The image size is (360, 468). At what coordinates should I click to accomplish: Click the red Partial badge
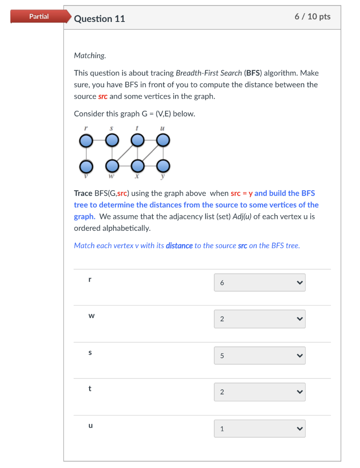[39, 16]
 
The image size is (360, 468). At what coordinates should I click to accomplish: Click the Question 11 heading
[99, 19]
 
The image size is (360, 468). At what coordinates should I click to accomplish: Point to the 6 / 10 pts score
[312, 17]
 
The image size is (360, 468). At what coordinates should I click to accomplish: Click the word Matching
[90, 55]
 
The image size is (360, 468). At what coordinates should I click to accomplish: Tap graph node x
[137, 165]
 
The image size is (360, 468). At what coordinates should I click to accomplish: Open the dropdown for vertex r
[259, 282]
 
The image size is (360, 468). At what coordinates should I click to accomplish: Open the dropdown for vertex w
[259, 319]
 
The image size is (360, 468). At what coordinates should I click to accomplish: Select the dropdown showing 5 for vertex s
[259, 356]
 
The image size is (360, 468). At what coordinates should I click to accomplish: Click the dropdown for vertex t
[259, 392]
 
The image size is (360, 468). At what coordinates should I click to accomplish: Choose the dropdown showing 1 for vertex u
[259, 429]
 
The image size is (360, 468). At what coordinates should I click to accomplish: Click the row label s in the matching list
[90, 352]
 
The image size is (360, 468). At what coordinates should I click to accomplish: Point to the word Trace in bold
[83, 193]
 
